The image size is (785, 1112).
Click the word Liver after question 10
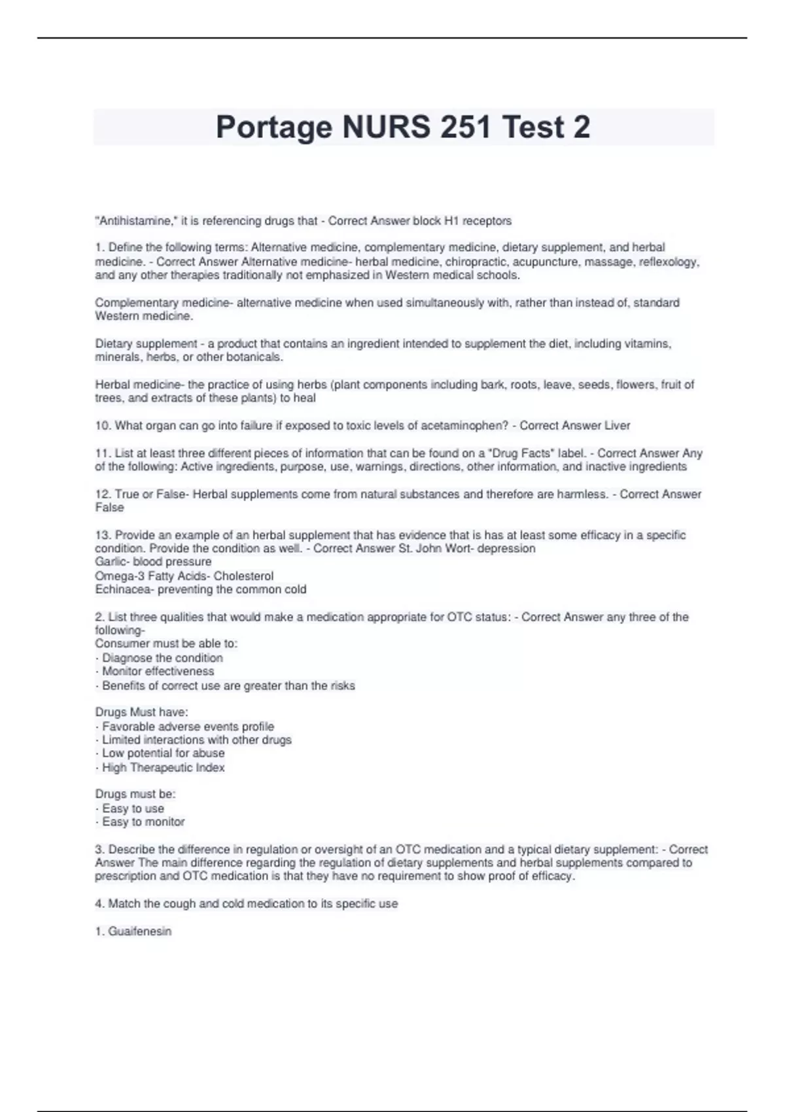click(x=617, y=426)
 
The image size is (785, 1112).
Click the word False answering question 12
click(x=109, y=508)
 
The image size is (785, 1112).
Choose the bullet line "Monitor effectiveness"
click(x=158, y=671)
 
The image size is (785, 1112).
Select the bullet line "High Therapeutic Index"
click(x=163, y=768)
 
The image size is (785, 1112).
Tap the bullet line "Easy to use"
click(x=133, y=808)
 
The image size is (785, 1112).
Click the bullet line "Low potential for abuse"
click(x=163, y=754)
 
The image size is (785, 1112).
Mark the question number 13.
click(x=102, y=535)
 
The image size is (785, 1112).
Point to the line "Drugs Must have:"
click(x=141, y=712)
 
